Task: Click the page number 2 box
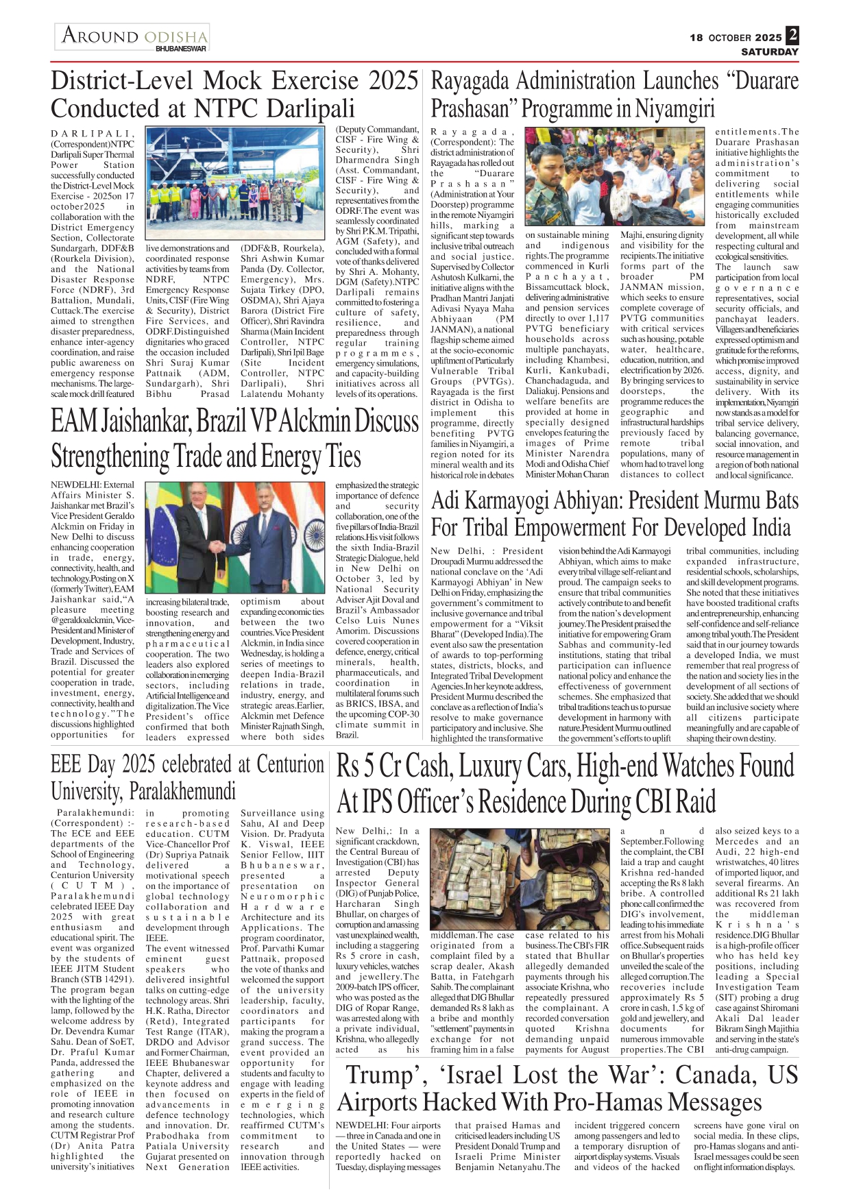click(x=792, y=35)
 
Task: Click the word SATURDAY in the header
click(x=770, y=51)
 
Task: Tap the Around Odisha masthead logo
click(x=134, y=36)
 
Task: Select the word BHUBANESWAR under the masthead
click(x=181, y=49)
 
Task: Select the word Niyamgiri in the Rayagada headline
click(x=675, y=109)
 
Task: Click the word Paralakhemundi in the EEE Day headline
click(x=182, y=792)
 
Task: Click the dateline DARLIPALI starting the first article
click(x=92, y=134)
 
